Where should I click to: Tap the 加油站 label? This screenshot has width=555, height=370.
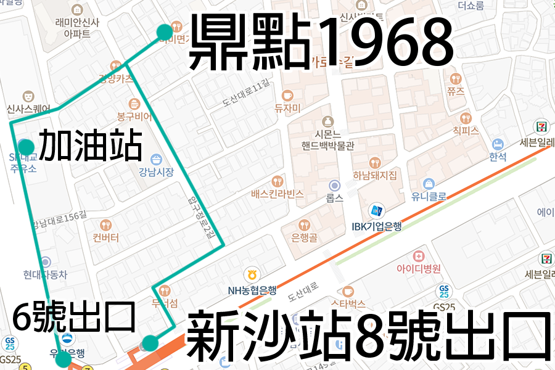tap(91, 146)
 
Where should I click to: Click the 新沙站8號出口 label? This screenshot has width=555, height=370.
tap(368, 337)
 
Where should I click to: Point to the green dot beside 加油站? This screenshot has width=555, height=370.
tap(26, 147)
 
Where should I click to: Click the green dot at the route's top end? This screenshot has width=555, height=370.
tap(164, 32)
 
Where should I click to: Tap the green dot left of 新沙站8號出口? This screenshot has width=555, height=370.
tap(150, 343)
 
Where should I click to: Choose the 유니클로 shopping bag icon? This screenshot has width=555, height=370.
tap(428, 183)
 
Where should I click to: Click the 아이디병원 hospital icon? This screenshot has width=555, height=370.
tap(419, 255)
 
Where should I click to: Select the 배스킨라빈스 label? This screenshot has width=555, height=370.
tap(277, 194)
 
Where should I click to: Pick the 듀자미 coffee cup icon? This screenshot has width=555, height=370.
tap(287, 96)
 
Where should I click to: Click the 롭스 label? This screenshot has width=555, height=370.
tap(334, 199)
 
